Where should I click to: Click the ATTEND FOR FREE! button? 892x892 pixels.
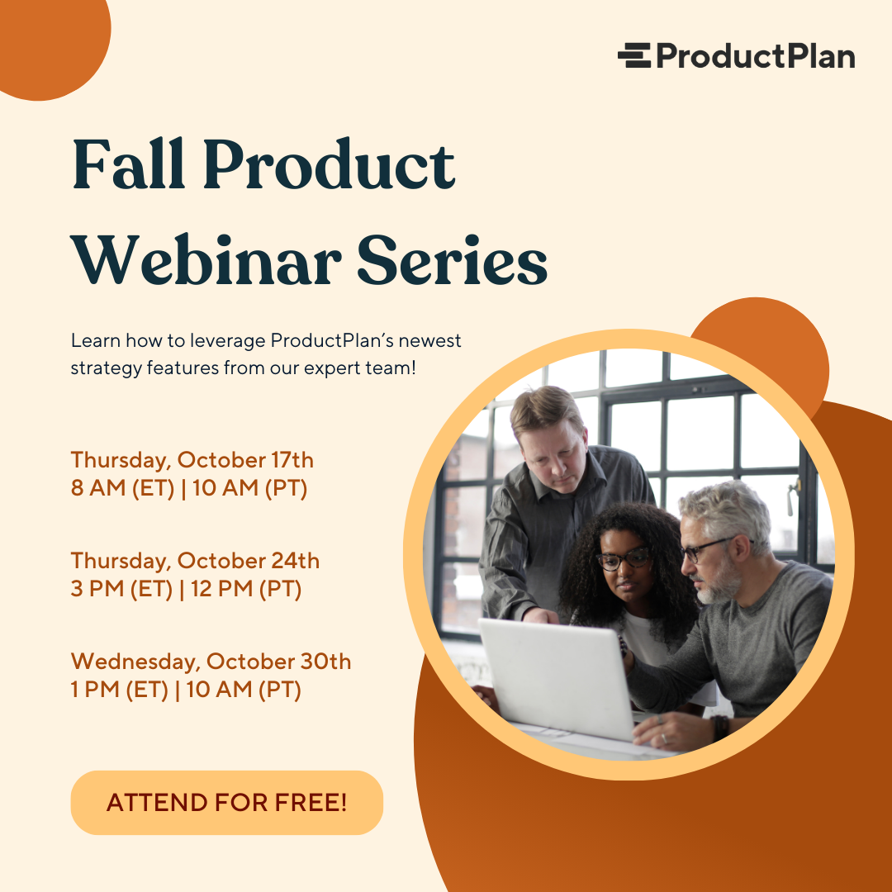point(226,803)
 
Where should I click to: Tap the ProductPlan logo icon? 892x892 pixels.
point(633,55)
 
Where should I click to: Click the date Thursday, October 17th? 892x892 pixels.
point(192,460)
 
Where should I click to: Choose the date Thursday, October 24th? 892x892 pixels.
point(194,561)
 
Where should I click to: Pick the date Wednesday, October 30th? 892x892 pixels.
point(211,662)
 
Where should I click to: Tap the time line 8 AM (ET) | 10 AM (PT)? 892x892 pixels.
point(189,489)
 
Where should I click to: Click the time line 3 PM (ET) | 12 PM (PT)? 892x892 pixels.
point(186,590)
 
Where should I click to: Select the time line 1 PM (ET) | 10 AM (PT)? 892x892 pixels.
point(186,690)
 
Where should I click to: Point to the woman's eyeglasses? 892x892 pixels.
point(623,559)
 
